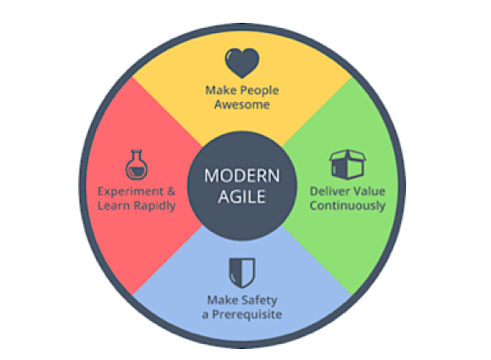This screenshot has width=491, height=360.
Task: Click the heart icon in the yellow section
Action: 242,63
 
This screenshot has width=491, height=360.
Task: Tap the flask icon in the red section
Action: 137,165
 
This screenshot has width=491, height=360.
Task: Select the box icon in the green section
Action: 347,164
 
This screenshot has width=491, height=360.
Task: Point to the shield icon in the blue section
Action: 242,273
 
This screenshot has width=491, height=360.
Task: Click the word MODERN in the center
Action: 242,176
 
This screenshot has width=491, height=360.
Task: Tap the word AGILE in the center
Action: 242,197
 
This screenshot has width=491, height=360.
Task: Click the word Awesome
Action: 242,104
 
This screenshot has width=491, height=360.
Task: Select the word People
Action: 259,91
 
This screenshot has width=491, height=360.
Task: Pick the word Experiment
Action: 131,192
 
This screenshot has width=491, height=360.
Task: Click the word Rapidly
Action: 155,206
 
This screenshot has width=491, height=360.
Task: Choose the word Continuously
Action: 347,206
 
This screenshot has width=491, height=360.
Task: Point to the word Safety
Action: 260,301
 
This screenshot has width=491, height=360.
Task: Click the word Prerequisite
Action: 247,315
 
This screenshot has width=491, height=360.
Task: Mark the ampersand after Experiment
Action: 172,191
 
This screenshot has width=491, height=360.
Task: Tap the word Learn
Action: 114,205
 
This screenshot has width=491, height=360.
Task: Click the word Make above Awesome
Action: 221,91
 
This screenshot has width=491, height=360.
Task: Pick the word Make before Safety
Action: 223,301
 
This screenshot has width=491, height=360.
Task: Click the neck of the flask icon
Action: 137,155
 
